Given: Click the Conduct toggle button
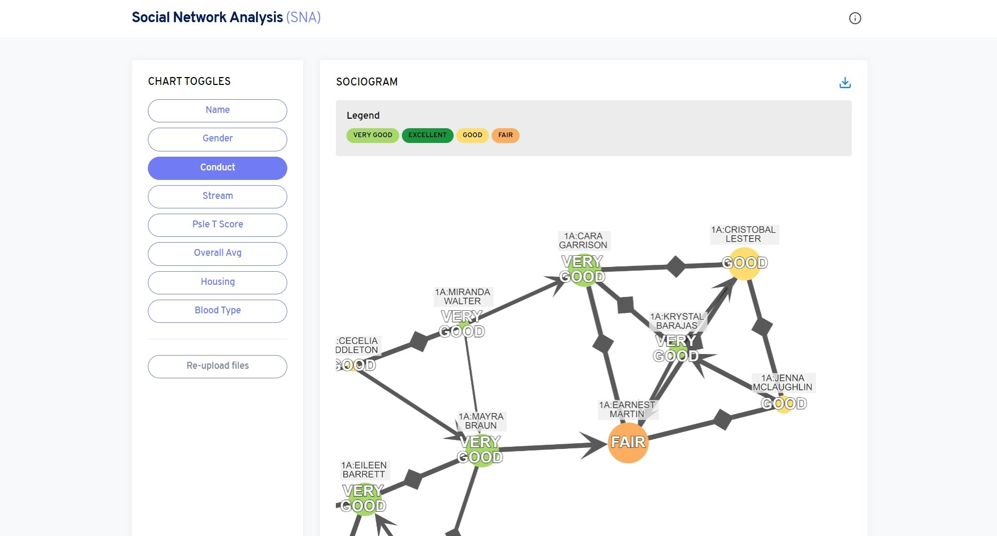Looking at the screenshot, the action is coord(217,168).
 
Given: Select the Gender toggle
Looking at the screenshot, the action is coord(217,139).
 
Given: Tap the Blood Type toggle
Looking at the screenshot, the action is coord(217,311).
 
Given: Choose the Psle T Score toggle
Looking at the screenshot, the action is coord(217,225).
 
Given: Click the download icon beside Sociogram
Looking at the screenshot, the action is coord(845,83).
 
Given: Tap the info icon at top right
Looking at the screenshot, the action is coord(854,18).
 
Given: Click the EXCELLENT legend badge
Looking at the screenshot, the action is coord(427,135).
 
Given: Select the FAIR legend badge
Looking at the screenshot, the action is coord(505,135).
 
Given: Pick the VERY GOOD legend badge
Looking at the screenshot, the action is coord(372,135).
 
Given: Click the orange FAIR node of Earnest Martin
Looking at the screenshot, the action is coord(628,443).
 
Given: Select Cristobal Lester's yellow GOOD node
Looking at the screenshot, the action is coord(744,263).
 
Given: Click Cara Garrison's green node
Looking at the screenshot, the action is coord(582,270).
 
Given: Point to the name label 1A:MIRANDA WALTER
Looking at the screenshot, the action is coord(463,296).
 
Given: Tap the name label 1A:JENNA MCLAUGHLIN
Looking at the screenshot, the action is coord(783,382).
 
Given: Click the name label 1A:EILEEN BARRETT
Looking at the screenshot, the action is coord(364,470).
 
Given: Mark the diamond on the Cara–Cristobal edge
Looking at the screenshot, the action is coord(675,266).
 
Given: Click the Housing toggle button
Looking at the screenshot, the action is coord(217,282).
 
